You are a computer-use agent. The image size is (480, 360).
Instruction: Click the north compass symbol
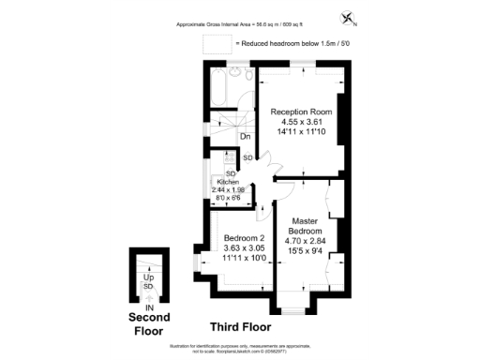(x=349, y=18)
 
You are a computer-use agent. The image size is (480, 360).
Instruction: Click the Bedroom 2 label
(x=244, y=237)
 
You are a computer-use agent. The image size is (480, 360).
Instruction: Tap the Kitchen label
(x=229, y=181)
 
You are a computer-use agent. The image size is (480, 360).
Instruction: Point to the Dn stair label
(x=245, y=137)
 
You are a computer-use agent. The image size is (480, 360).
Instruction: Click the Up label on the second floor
(x=148, y=278)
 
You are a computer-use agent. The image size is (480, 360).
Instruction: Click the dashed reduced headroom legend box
(x=217, y=43)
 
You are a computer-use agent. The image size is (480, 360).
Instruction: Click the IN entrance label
(x=148, y=307)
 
